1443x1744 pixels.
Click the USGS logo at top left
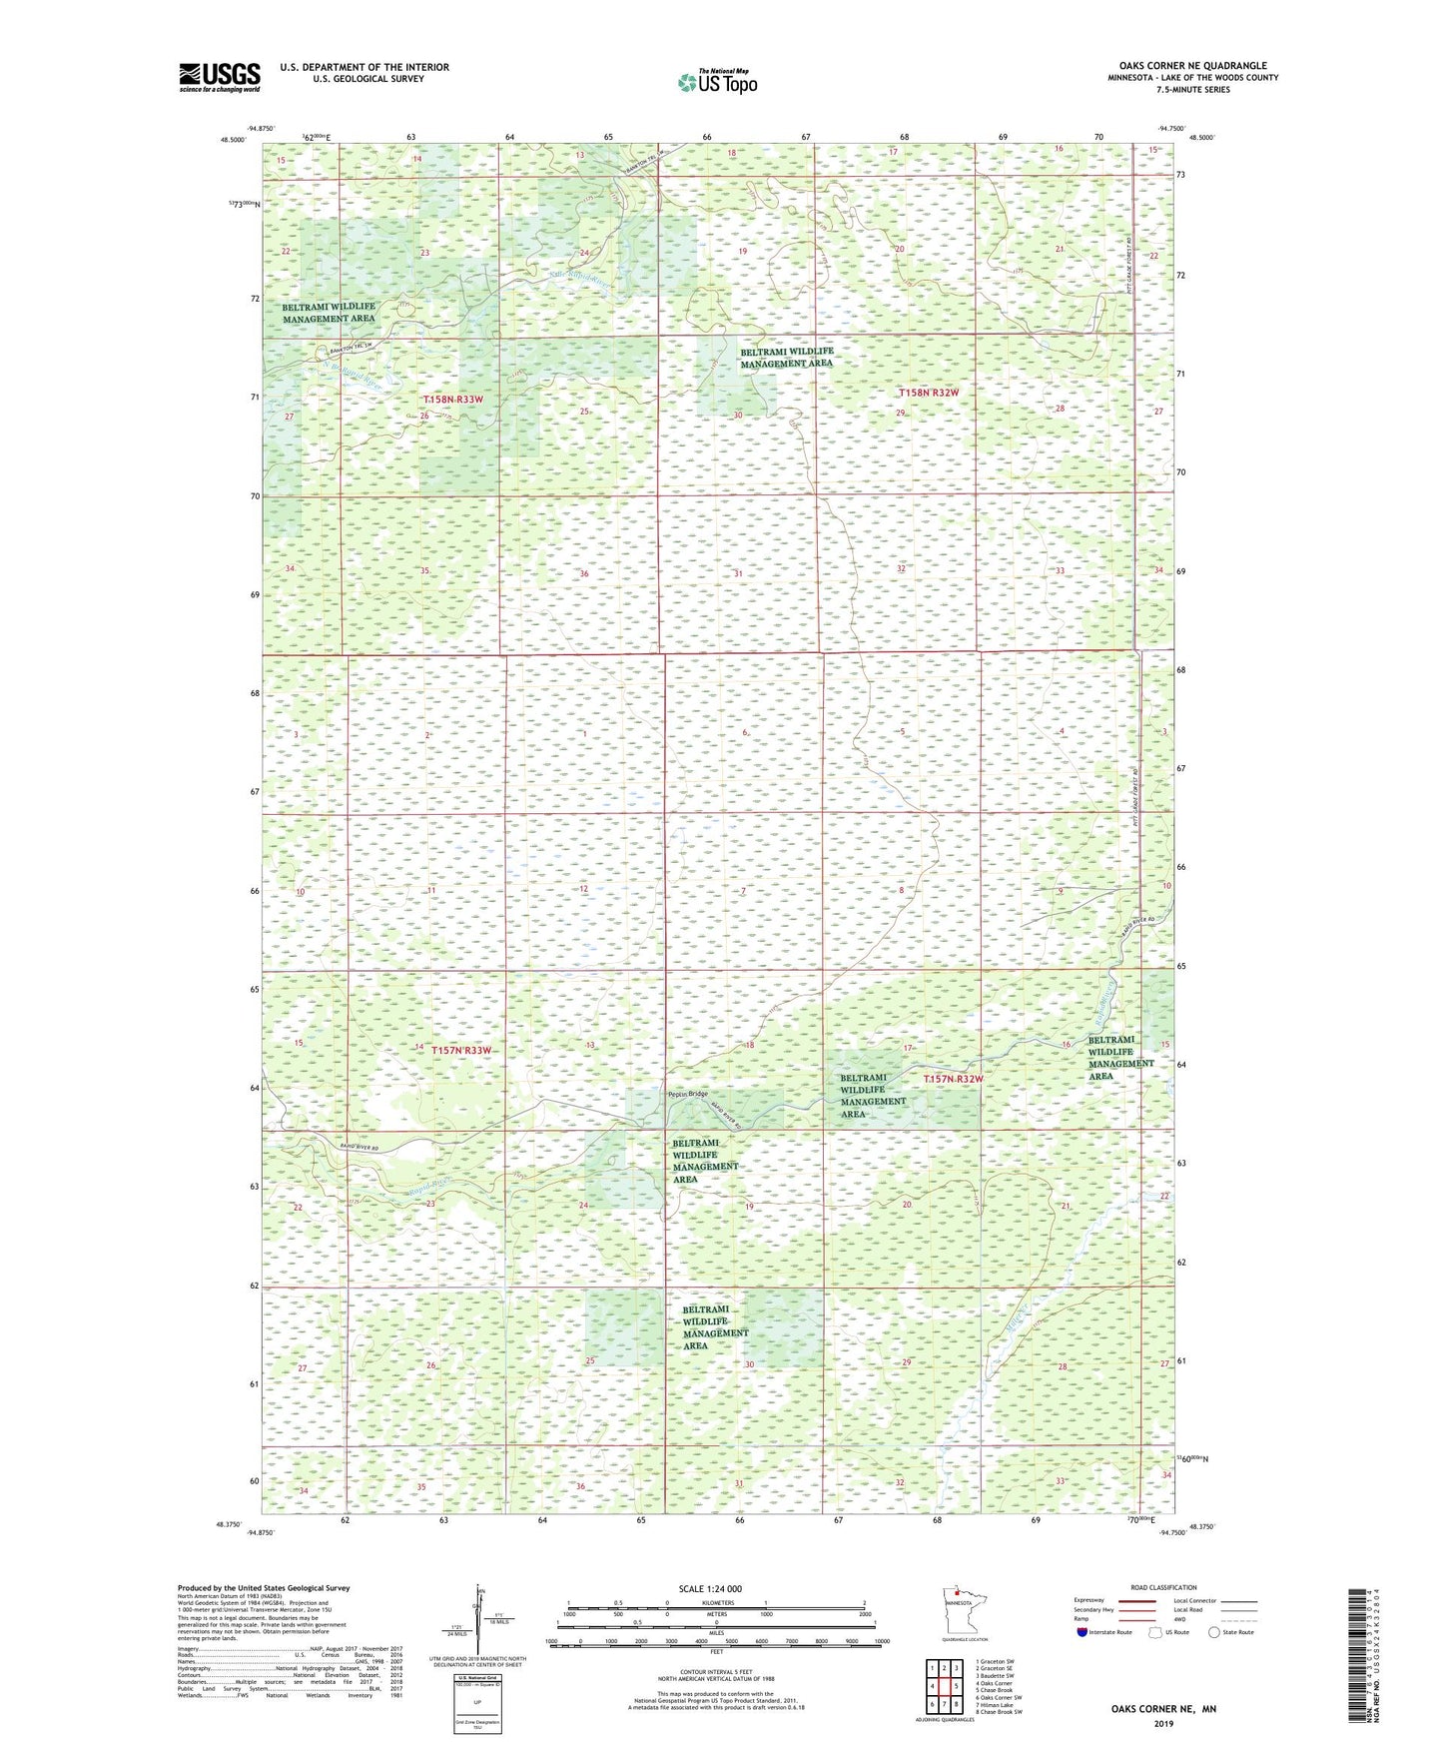coord(220,76)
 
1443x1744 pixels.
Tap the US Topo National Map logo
coord(717,81)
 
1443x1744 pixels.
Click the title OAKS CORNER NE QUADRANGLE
coord(1184,66)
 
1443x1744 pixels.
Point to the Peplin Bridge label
coord(688,1094)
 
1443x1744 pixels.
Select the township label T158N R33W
coord(452,399)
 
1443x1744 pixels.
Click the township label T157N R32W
coord(953,1079)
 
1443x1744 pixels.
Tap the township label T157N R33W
coord(461,1050)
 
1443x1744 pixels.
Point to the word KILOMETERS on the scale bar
coord(716,1602)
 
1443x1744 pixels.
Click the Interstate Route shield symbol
coord(1082,1631)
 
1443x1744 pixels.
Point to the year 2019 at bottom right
coord(1163,1723)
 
